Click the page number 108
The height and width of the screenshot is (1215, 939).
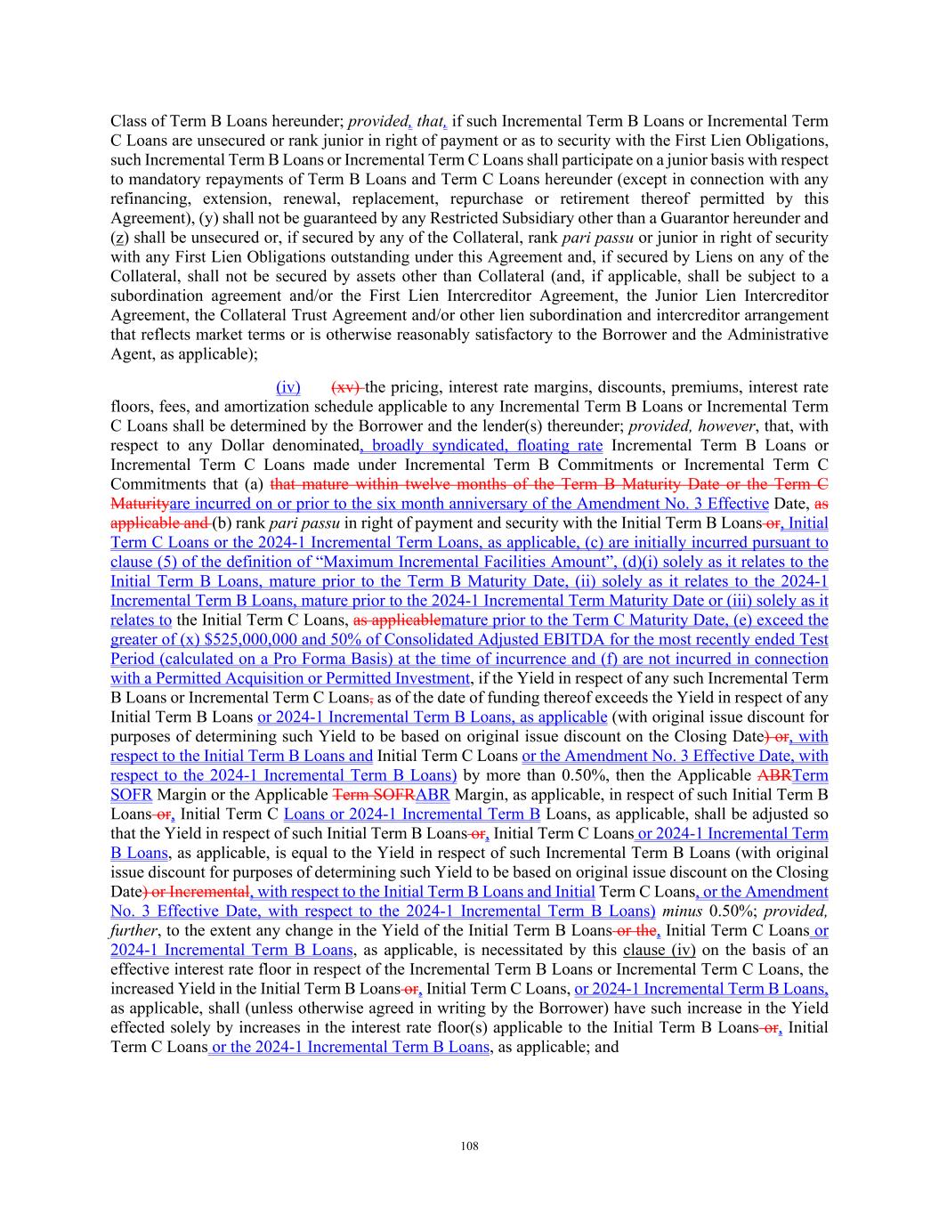[469, 1146]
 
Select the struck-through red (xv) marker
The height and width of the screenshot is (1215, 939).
[345, 387]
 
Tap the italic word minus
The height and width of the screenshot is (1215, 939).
[680, 911]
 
